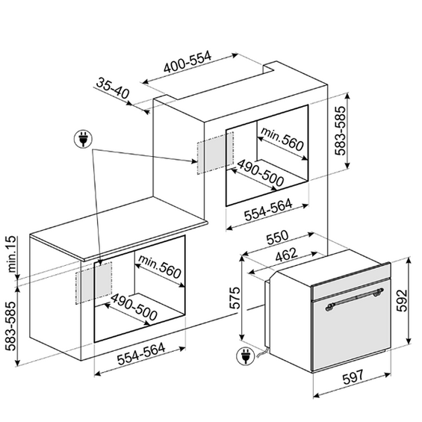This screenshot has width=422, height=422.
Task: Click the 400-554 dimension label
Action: [187, 63]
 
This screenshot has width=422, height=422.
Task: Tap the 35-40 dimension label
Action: [113, 88]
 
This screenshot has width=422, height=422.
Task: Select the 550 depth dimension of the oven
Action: [277, 237]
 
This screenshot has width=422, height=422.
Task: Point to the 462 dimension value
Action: [286, 255]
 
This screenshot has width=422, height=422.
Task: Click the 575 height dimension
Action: [235, 298]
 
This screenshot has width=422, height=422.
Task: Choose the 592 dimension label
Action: [402, 300]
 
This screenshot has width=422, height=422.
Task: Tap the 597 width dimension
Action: [353, 377]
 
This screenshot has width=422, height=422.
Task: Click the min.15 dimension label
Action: [12, 255]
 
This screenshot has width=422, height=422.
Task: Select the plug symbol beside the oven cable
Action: [245, 356]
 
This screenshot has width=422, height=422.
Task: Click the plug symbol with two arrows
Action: [83, 140]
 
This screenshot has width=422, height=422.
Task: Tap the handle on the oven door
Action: [355, 299]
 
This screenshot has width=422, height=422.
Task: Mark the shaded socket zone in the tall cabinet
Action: [215, 152]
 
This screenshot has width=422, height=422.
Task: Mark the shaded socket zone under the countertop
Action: [93, 282]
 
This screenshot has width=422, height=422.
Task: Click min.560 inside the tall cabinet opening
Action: [282, 139]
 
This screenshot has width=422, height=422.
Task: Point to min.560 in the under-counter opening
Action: [159, 267]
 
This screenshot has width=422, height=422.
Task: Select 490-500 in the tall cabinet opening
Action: [260, 173]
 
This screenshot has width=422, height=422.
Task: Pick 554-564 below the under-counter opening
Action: [141, 353]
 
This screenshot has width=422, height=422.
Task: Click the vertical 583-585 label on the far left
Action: [12, 326]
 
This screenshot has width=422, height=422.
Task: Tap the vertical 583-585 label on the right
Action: [340, 131]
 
